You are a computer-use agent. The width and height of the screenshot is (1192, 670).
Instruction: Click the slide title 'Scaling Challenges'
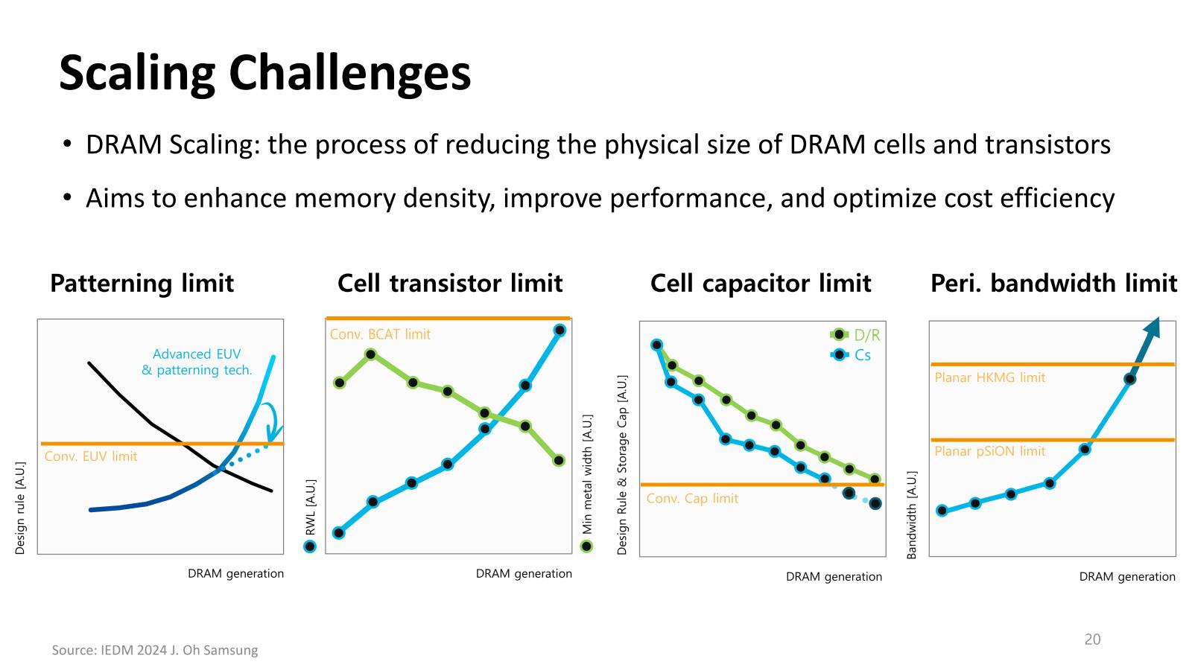pyautogui.click(x=265, y=74)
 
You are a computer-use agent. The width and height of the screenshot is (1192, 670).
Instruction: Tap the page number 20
pyautogui.click(x=1092, y=639)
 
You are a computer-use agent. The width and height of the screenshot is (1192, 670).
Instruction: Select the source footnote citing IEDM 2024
pyautogui.click(x=155, y=650)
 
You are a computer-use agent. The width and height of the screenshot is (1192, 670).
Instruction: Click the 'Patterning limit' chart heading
pyautogui.click(x=142, y=283)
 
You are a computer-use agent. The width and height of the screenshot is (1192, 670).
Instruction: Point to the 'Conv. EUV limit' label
pyautogui.click(x=91, y=456)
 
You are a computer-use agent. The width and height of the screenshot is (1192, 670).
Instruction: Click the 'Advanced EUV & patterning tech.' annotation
pyautogui.click(x=197, y=362)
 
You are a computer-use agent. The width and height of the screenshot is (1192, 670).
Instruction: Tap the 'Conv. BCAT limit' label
pyautogui.click(x=380, y=334)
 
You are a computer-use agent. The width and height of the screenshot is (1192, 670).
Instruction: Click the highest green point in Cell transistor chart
pyautogui.click(x=371, y=354)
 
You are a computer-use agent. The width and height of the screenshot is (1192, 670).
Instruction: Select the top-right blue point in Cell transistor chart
pyautogui.click(x=559, y=331)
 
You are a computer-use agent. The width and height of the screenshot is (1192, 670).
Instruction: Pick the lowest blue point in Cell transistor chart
pyautogui.click(x=338, y=533)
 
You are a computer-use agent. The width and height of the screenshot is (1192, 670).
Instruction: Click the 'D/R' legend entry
pyautogui.click(x=855, y=335)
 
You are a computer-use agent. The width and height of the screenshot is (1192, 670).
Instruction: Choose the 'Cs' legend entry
pyautogui.click(x=850, y=354)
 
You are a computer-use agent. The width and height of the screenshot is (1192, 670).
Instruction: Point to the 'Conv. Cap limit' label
pyautogui.click(x=692, y=499)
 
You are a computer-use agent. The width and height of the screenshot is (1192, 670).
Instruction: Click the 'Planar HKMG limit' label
pyautogui.click(x=990, y=377)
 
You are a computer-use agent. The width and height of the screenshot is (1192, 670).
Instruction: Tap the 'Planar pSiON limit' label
pyautogui.click(x=990, y=451)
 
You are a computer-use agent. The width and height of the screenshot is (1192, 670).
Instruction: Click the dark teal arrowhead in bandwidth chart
pyautogui.click(x=1153, y=328)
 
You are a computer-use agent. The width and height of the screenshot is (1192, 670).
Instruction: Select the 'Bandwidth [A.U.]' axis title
pyautogui.click(x=912, y=514)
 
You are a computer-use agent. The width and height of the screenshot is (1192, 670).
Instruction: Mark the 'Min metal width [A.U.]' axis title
pyautogui.click(x=587, y=474)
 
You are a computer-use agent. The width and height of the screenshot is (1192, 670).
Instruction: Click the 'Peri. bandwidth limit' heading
pyautogui.click(x=1053, y=283)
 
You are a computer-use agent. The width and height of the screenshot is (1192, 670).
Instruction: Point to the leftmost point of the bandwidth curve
pyautogui.click(x=942, y=511)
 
